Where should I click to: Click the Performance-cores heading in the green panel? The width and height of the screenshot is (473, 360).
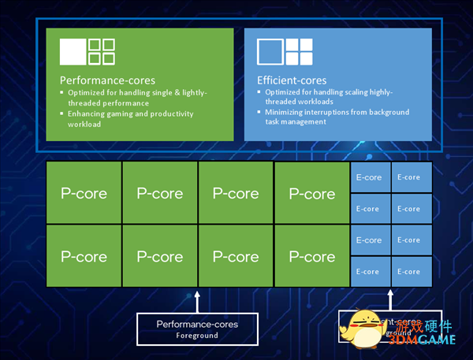click(107, 80)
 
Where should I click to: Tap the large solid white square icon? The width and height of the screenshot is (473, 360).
click(72, 52)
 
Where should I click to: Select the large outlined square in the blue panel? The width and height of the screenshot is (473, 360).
click(270, 52)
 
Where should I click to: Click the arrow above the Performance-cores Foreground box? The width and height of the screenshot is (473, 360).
click(197, 298)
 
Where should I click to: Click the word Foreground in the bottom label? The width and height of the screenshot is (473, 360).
click(197, 335)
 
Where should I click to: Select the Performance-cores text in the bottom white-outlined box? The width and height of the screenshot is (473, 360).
click(197, 324)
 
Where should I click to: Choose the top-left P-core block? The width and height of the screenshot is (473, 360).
click(84, 193)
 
